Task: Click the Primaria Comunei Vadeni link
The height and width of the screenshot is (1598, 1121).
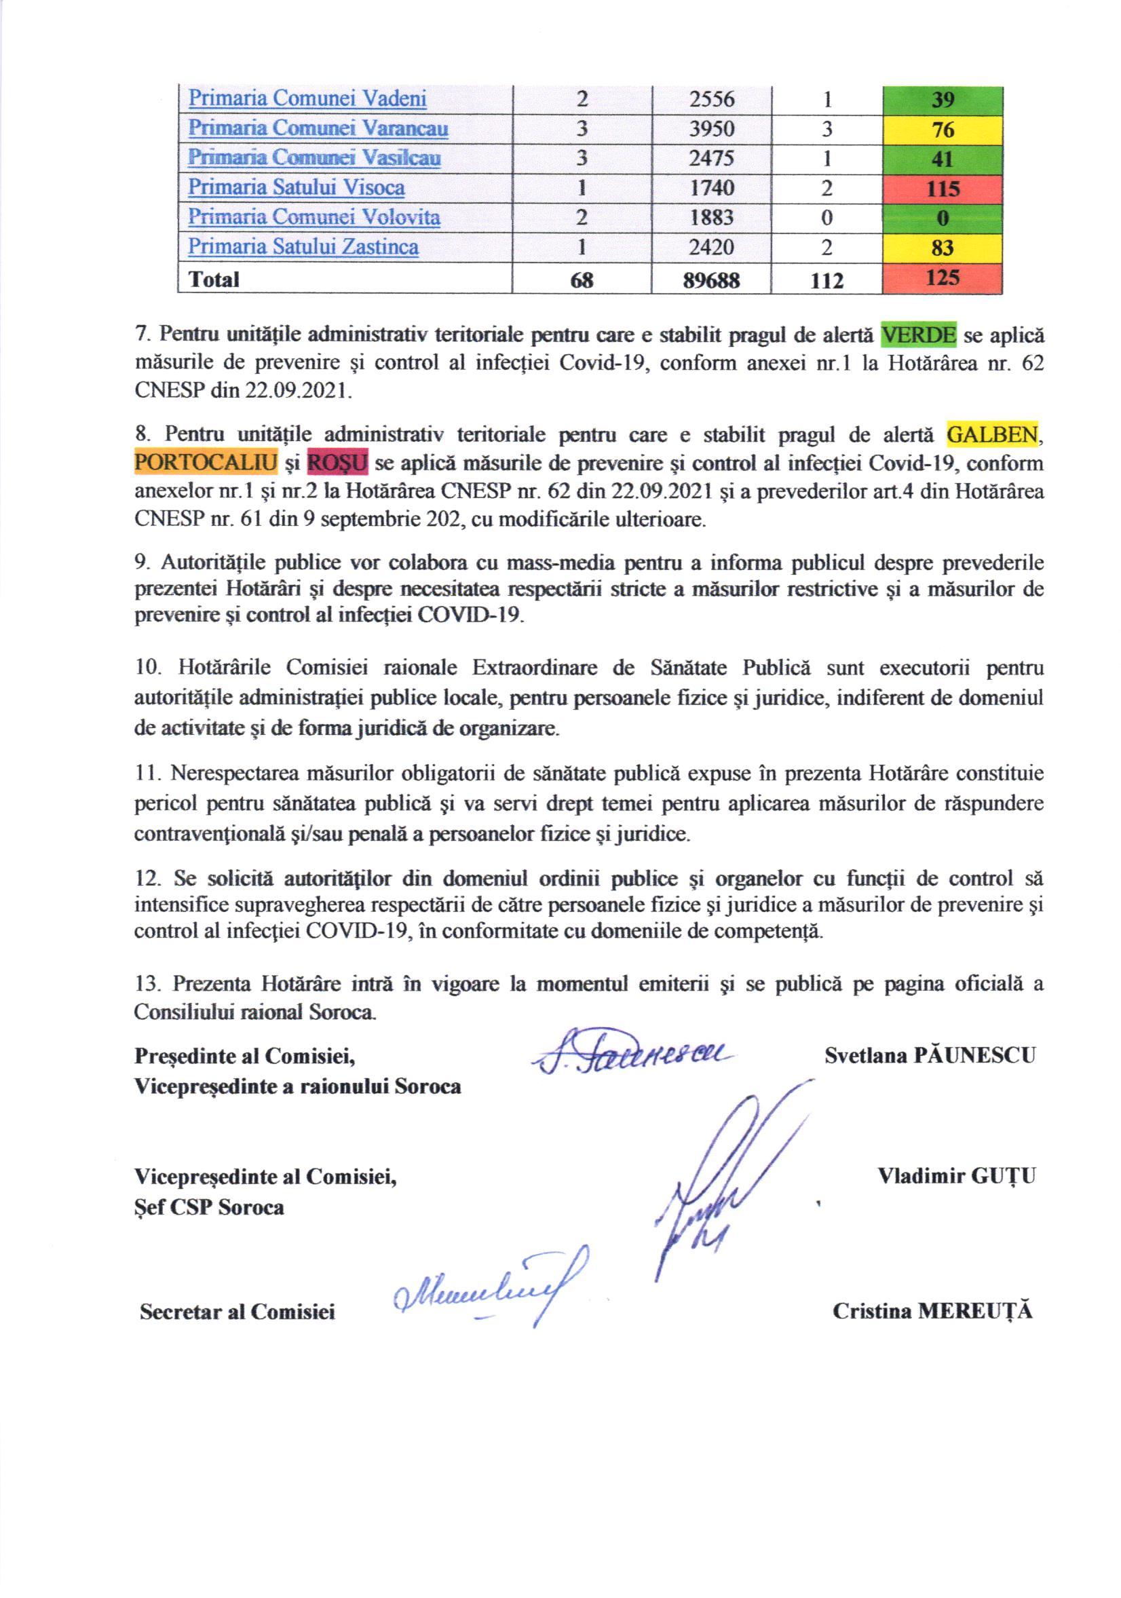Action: pos(307,99)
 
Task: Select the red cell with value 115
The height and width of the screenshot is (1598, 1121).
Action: pos(942,189)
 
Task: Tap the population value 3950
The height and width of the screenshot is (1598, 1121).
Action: pos(711,129)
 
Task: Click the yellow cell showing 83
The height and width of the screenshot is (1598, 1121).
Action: pos(942,248)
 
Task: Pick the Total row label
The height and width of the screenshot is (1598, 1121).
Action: pos(214,279)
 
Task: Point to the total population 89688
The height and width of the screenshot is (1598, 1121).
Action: pos(711,280)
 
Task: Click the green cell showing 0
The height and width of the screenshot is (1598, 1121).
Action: pos(942,218)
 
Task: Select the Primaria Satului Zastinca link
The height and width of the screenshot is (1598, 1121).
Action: pos(303,247)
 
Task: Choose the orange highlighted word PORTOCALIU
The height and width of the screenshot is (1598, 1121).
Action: pos(206,463)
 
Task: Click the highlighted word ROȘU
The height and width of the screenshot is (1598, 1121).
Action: pos(337,463)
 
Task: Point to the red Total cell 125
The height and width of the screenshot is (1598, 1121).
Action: pos(942,278)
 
